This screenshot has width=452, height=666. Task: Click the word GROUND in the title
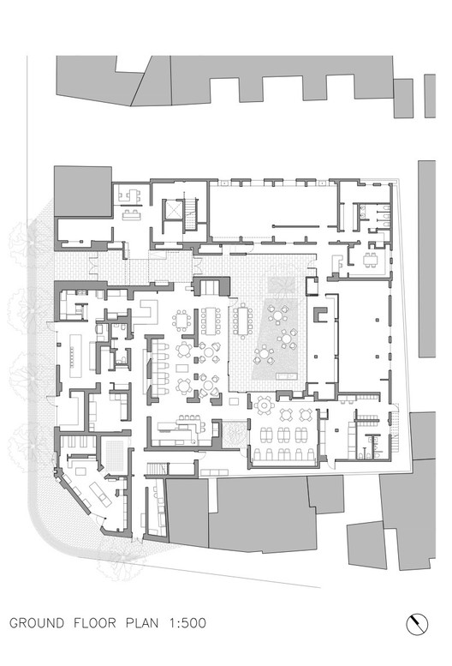[37, 623]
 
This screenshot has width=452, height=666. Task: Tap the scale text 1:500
[187, 623]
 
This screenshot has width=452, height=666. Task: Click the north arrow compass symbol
[417, 624]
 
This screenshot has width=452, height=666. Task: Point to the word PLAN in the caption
[142, 623]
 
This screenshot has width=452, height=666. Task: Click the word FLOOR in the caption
[94, 623]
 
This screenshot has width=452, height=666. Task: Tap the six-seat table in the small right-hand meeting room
[370, 259]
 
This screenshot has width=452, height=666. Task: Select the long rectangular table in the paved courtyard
[242, 321]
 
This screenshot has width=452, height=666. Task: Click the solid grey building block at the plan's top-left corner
[83, 191]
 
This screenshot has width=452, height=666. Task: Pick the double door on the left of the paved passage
[92, 267]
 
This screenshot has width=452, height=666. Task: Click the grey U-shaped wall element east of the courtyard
[320, 315]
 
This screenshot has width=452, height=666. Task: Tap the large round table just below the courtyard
[265, 405]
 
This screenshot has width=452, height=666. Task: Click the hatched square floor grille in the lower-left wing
[114, 455]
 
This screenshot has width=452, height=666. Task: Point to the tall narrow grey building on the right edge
[426, 258]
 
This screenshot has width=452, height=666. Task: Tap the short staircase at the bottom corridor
[156, 469]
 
